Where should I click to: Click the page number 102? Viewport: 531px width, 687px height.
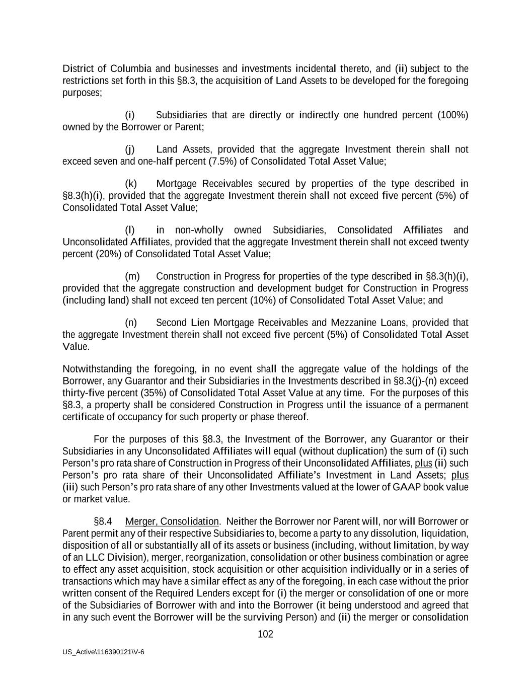point(265,634)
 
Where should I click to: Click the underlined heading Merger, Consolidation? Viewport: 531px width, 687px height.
point(172,521)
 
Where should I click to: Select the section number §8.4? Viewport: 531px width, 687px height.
point(103,521)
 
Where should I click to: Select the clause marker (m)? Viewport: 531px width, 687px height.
point(132,276)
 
